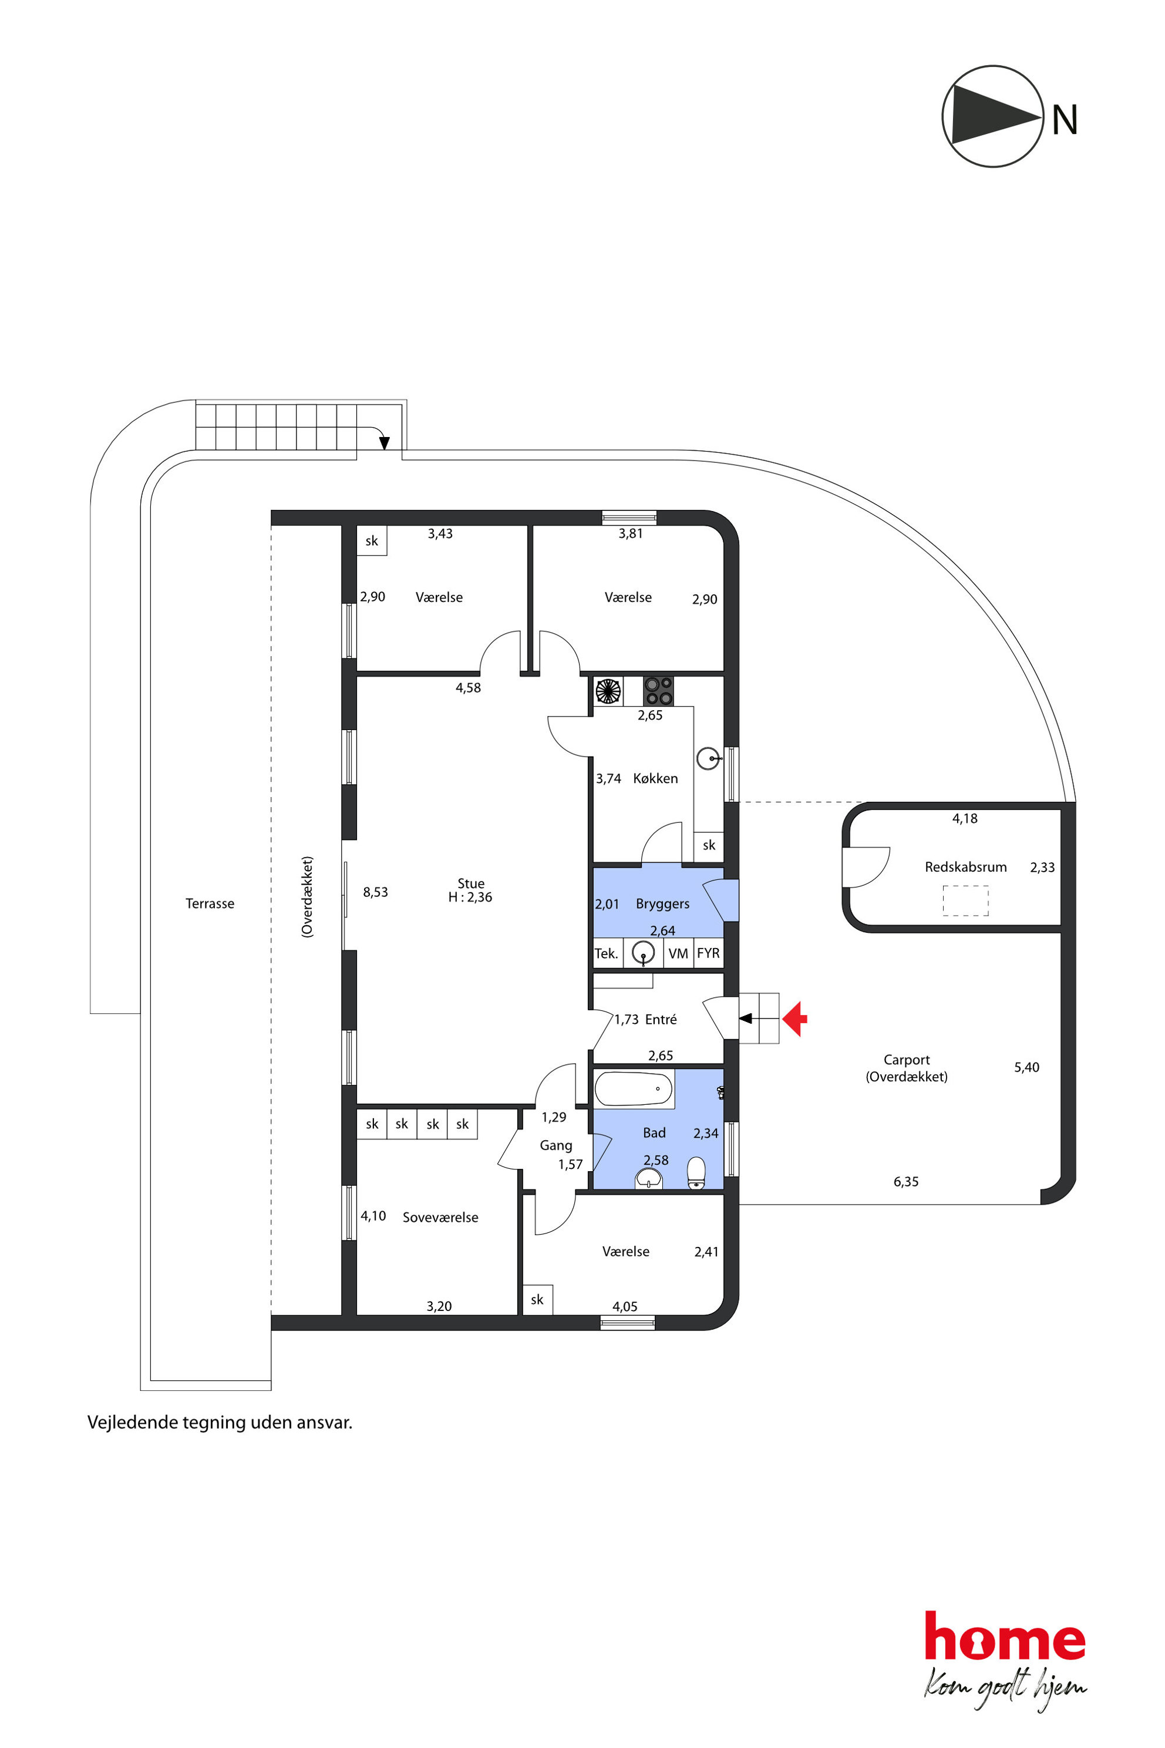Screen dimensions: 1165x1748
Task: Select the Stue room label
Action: pyautogui.click(x=470, y=883)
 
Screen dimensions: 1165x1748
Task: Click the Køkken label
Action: pyautogui.click(x=655, y=778)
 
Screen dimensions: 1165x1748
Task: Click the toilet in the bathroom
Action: pyautogui.click(x=696, y=1173)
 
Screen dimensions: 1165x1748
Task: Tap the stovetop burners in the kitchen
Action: pyautogui.click(x=658, y=690)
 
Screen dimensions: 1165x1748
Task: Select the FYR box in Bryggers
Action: pyautogui.click(x=708, y=953)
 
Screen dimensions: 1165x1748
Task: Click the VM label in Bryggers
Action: pyautogui.click(x=678, y=953)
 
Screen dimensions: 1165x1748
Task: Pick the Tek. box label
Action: pyautogui.click(x=606, y=953)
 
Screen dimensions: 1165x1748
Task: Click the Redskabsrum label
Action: pyautogui.click(x=965, y=866)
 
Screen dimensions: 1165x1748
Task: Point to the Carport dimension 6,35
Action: pyautogui.click(x=905, y=1182)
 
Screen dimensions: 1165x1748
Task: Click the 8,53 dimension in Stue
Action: pyautogui.click(x=375, y=892)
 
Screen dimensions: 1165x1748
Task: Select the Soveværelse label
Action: pyautogui.click(x=440, y=1218)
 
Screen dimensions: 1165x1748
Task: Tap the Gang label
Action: pyautogui.click(x=555, y=1145)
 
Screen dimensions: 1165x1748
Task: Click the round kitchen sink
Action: pyautogui.click(x=708, y=759)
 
